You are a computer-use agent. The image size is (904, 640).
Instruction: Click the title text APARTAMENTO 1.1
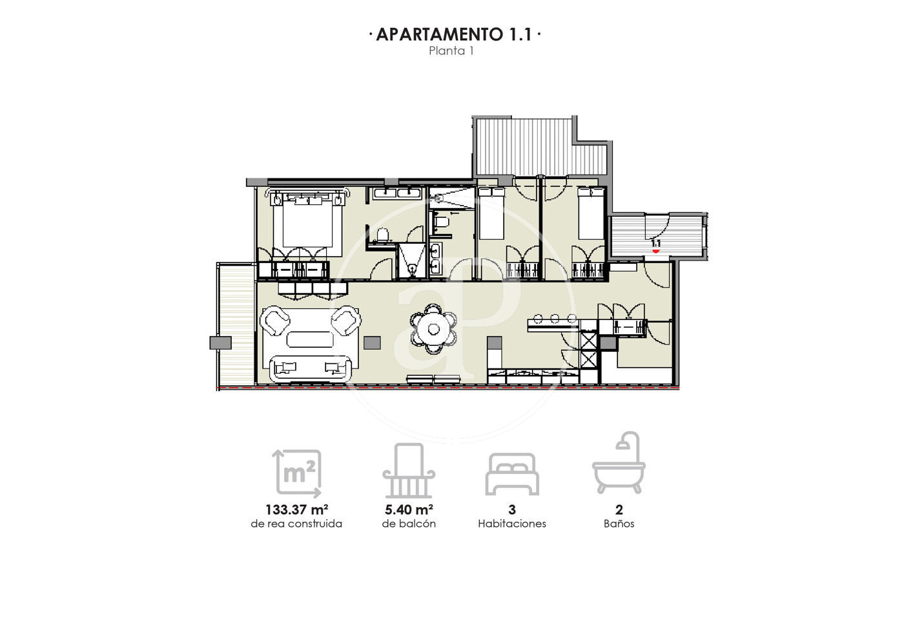[x=454, y=34]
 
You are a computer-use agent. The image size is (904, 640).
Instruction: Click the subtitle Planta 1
[x=451, y=51]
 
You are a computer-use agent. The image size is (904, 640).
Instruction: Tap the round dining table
[x=433, y=329]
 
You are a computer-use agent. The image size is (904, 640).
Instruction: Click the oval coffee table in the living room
[x=310, y=339]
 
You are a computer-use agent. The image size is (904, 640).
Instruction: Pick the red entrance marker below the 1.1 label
[x=656, y=251]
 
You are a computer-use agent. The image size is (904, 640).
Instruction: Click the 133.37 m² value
[x=296, y=509]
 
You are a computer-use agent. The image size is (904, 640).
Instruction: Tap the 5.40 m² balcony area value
[x=409, y=509]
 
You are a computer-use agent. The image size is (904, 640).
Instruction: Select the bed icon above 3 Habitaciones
[x=511, y=474]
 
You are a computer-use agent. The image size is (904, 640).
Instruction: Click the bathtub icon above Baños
[x=619, y=463]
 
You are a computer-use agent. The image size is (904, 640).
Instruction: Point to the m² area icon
[x=297, y=473]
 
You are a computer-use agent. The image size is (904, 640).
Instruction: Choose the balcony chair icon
[x=409, y=471]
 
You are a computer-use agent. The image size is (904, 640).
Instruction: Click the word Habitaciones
[x=511, y=524]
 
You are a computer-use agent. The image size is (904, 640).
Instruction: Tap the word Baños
[x=619, y=524]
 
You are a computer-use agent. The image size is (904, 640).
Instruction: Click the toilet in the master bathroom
[x=382, y=235]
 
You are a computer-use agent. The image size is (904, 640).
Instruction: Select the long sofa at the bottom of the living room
[x=311, y=368]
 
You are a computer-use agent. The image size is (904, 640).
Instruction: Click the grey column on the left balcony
[x=220, y=343]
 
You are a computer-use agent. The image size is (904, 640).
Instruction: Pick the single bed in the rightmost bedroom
[x=591, y=213]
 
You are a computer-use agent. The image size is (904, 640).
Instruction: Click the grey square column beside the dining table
[x=372, y=343]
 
